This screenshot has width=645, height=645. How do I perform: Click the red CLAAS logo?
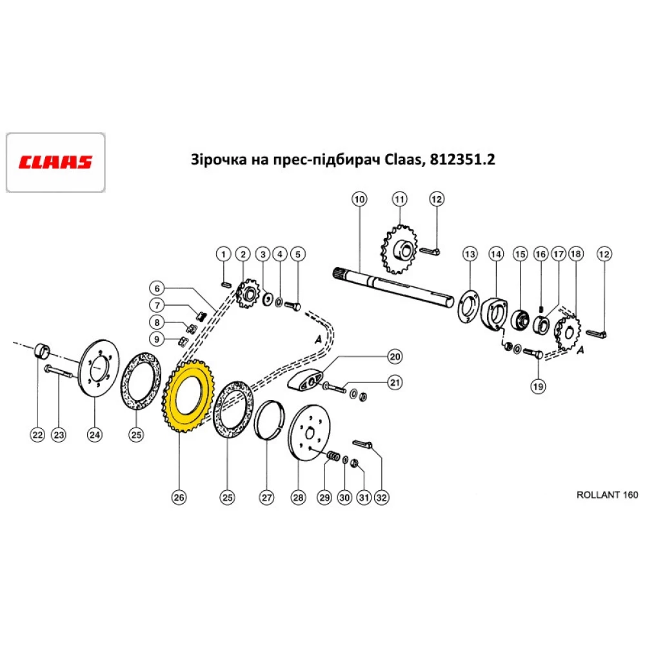coord(55,162)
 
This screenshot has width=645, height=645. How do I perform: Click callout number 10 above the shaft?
coord(359,199)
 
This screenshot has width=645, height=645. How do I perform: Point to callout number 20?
coord(394,357)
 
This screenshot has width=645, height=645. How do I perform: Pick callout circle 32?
coord(382,497)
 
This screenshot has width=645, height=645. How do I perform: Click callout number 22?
coord(38,436)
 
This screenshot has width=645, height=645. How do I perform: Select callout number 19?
coord(538,386)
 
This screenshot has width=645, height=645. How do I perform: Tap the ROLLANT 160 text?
coord(606,495)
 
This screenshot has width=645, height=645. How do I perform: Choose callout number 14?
coord(495,254)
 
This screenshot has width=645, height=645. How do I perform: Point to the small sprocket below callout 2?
coord(246,296)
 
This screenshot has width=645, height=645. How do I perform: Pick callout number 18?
coord(575,254)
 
